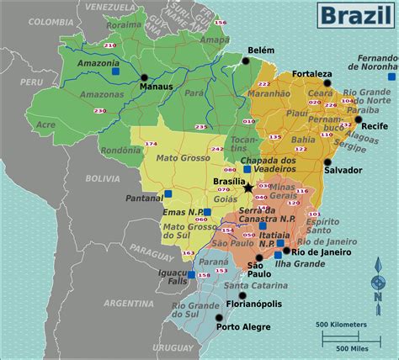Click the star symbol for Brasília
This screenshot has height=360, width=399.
pyautogui.click(x=247, y=187)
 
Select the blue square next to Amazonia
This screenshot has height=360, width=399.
pyautogui.click(x=115, y=71)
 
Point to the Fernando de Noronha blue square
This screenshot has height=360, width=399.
pyautogui.click(x=391, y=77)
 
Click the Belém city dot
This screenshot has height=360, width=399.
pyautogui.click(x=246, y=61)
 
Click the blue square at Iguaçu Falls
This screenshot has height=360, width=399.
pyautogui.click(x=191, y=274)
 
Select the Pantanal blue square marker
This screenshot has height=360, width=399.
pyautogui.click(x=168, y=193)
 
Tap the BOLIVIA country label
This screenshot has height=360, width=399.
pyautogui.click(x=103, y=178)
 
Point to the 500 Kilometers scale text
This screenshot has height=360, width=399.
pyautogui.click(x=341, y=325)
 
